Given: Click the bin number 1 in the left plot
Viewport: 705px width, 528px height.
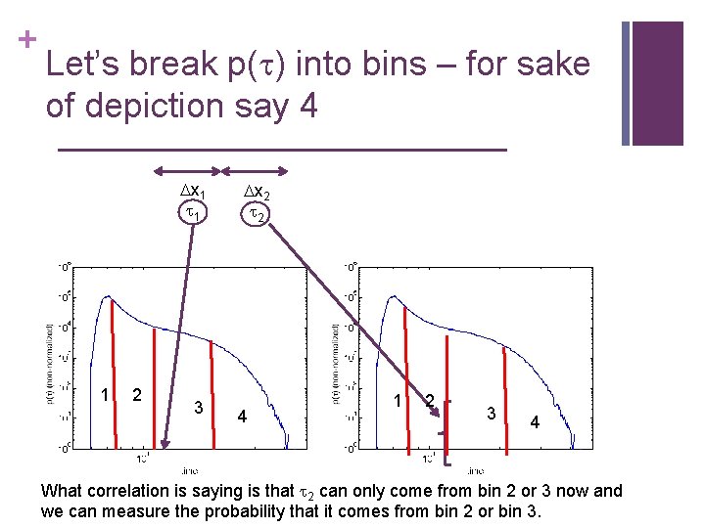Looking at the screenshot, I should pyautogui.click(x=105, y=394).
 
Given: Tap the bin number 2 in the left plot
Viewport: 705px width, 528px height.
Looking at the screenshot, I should pyautogui.click(x=138, y=395).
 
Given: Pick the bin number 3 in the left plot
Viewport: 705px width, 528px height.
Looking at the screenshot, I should pyautogui.click(x=198, y=407).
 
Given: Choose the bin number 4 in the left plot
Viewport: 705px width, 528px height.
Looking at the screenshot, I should pyautogui.click(x=242, y=418).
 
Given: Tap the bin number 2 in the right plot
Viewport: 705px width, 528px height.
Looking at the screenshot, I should pyautogui.click(x=429, y=400).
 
